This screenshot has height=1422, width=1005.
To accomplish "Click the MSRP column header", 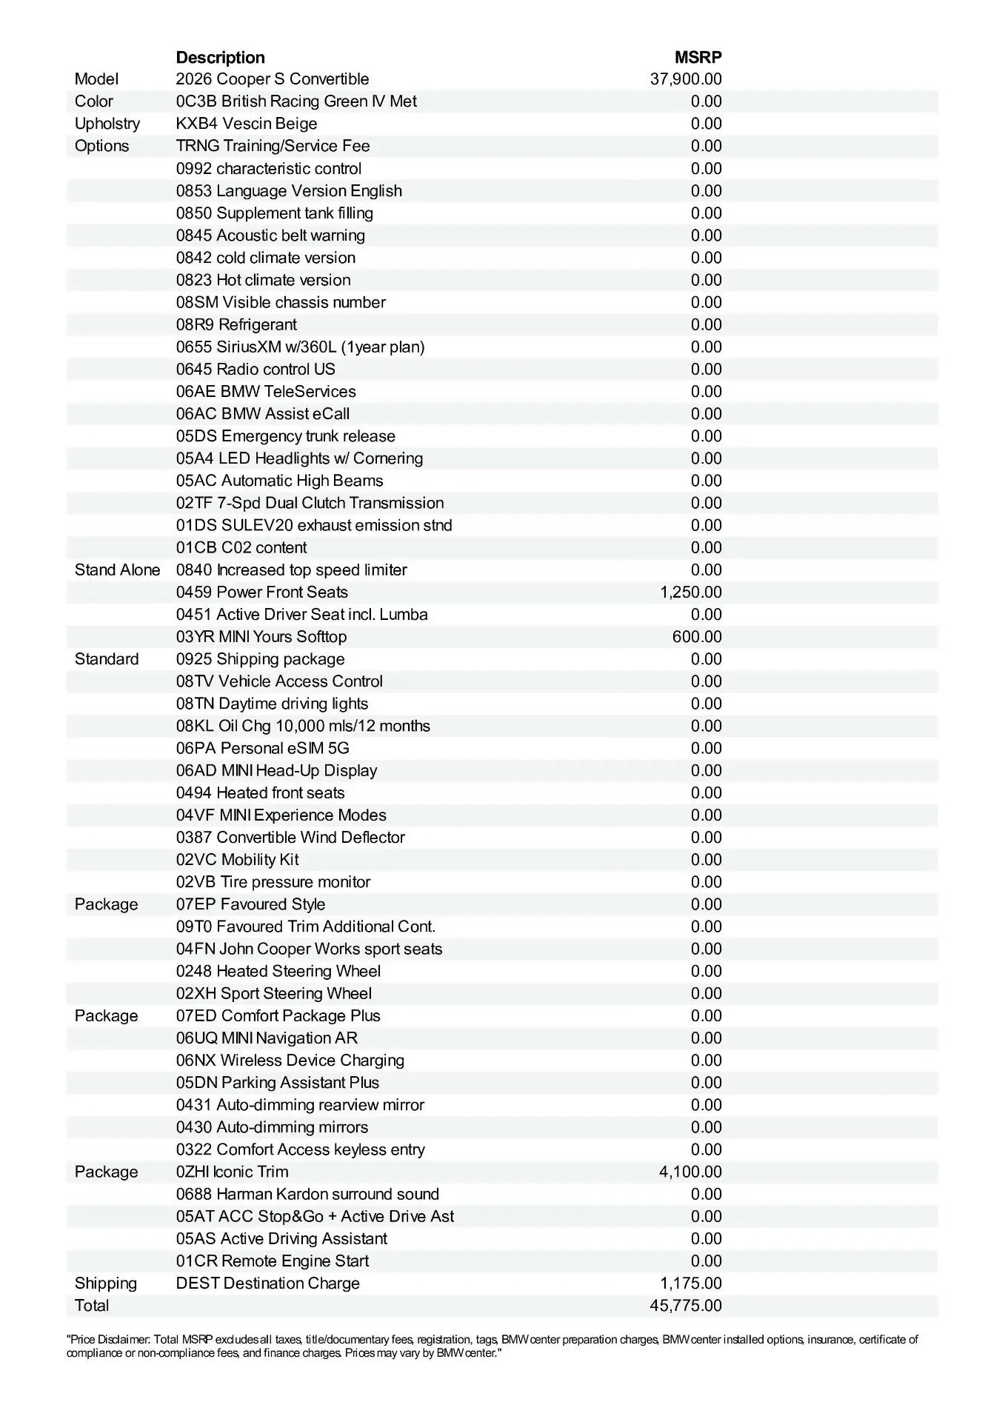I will tap(698, 57).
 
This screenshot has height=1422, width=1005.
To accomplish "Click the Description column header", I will tap(220, 57).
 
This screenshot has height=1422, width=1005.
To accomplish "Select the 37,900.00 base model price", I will tap(686, 79).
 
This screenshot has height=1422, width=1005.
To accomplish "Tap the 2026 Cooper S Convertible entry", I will tap(272, 79).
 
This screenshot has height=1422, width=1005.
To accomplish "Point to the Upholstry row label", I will tap(107, 124).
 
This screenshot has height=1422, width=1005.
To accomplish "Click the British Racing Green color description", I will tap(296, 101).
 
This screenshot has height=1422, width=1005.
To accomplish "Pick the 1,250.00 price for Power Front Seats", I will tap(690, 592).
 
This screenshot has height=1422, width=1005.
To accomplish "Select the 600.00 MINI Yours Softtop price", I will tap(696, 637).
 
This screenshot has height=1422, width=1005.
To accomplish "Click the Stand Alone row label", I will tap(117, 570).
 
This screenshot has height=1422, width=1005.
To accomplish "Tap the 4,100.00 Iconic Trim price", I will tap(690, 1172).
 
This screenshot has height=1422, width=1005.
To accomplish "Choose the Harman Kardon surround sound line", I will tap(307, 1194).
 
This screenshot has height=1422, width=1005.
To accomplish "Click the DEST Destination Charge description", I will tap(267, 1283).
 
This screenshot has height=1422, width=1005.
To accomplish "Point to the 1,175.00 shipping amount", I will tap(690, 1283).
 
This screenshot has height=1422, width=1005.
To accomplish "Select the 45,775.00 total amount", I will tap(686, 1305).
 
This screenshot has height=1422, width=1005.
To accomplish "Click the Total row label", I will tap(92, 1305).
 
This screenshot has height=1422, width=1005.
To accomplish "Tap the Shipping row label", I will tap(105, 1283).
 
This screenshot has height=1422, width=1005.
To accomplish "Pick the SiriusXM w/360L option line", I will tap(300, 347).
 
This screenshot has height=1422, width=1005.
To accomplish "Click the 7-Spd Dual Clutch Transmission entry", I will tap(310, 503).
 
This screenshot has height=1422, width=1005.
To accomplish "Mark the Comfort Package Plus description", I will tap(278, 1015).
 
